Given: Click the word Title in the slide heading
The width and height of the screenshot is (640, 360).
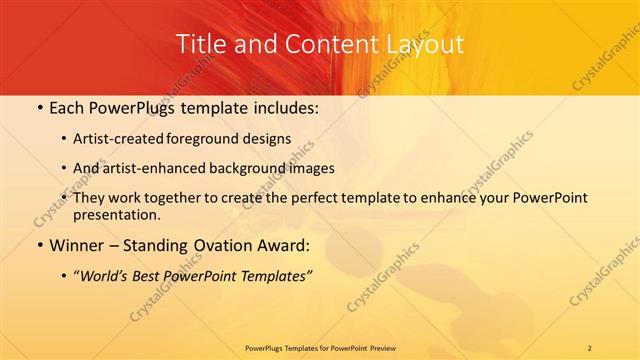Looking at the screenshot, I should pos(198,44).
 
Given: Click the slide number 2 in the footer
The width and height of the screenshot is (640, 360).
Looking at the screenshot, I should pos(589,348).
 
